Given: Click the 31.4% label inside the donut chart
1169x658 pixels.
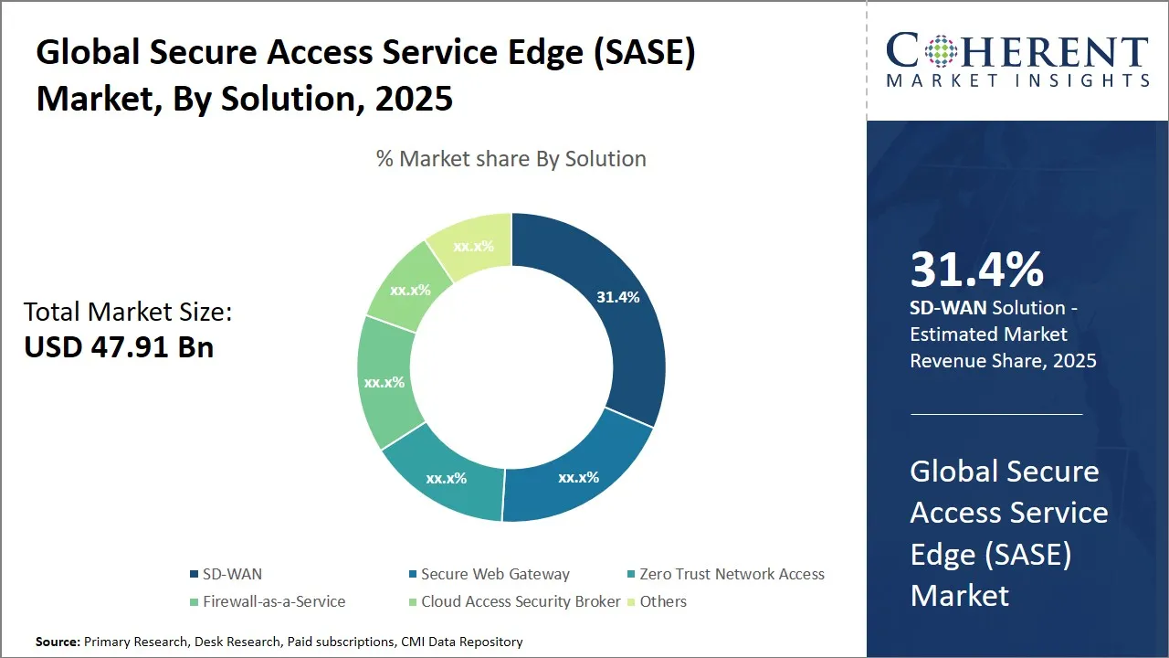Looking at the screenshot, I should pyautogui.click(x=617, y=297).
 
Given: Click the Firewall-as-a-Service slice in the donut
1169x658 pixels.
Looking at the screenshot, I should pyautogui.click(x=384, y=382).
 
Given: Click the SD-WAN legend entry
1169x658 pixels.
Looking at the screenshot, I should pyautogui.click(x=231, y=574).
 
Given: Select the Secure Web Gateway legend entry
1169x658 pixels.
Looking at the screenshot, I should pyautogui.click(x=494, y=574).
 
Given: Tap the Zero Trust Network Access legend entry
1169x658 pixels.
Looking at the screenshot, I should pyautogui.click(x=732, y=574).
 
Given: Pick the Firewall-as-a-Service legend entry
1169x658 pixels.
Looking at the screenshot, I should pyautogui.click(x=273, y=601).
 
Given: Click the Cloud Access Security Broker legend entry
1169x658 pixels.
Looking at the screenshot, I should pyautogui.click(x=521, y=601).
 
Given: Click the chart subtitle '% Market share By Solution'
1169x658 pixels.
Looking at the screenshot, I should pyautogui.click(x=511, y=159).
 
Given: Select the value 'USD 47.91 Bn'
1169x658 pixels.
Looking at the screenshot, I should pyautogui.click(x=119, y=347).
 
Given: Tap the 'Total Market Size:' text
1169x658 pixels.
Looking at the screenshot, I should pyautogui.click(x=128, y=313).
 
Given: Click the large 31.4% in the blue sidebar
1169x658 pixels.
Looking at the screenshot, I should pyautogui.click(x=976, y=270).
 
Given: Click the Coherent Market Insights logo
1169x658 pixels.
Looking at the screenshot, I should pyautogui.click(x=1017, y=60).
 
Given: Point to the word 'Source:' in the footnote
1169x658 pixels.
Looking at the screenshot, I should pyautogui.click(x=58, y=642).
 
